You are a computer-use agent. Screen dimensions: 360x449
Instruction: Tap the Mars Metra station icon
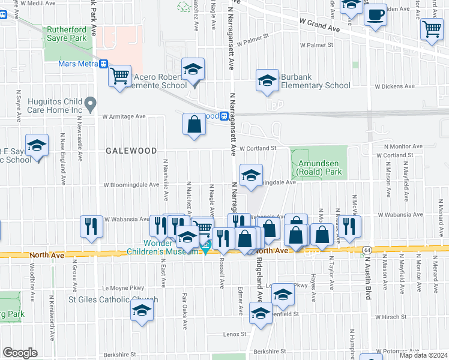[x=104, y=64]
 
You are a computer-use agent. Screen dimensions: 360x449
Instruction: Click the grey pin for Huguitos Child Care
[x=91, y=106]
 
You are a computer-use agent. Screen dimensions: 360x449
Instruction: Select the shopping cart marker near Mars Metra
[x=120, y=76]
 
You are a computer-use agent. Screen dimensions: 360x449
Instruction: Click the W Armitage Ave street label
[x=124, y=117]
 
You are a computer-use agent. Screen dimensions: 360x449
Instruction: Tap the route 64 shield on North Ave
[x=367, y=249]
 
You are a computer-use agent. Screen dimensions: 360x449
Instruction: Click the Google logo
[x=20, y=353]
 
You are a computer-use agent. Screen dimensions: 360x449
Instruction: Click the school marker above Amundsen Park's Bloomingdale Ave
[x=251, y=175]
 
